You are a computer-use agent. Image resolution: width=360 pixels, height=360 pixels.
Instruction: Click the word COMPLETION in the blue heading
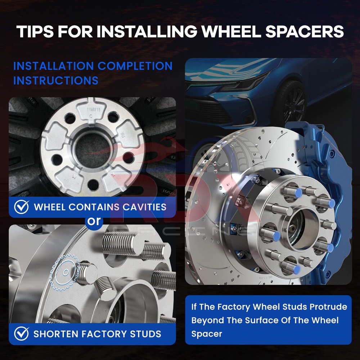pos(135,66)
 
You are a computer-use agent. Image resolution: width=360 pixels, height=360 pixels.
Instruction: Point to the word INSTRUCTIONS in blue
pos(56,81)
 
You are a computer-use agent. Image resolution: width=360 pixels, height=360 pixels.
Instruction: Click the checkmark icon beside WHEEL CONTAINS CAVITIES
pos(21,207)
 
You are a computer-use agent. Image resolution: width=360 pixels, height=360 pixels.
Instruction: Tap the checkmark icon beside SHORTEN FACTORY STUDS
pos(21,334)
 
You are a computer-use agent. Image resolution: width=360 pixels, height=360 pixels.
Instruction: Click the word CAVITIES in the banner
pos(144,207)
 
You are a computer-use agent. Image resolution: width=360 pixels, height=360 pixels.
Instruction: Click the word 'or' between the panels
pos(94,221)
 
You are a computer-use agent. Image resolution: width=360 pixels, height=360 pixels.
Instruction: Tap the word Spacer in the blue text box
pos(207,334)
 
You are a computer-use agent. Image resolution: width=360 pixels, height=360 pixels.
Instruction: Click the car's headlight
pos(244,83)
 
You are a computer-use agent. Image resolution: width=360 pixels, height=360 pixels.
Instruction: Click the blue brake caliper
pos(326,195)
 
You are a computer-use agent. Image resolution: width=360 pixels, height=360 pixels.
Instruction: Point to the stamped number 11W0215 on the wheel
pos(94,110)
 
